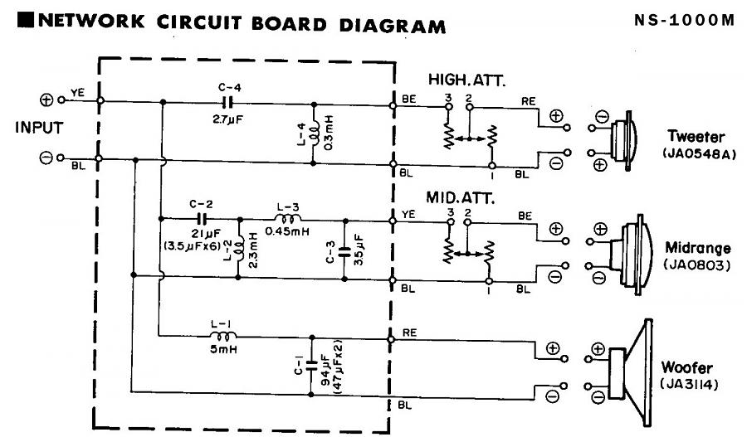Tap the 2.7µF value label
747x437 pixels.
[x=227, y=119]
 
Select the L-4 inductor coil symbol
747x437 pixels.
[x=314, y=134]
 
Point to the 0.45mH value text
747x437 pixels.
[x=287, y=232]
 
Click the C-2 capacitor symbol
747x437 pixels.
[x=202, y=219]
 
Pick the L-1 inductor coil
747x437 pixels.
[x=222, y=337]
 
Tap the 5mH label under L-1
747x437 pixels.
[x=223, y=349]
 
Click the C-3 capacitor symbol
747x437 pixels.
[x=344, y=251]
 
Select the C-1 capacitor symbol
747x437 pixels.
[x=311, y=366]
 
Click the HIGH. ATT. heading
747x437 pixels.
[x=466, y=80]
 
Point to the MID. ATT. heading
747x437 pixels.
[x=460, y=197]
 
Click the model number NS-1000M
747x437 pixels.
[x=684, y=20]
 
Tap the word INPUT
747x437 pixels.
[x=39, y=128]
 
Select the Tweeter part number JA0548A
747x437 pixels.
[x=699, y=153]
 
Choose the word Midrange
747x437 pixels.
[x=697, y=248]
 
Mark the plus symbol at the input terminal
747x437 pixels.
[x=46, y=100]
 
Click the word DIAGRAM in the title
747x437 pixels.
[x=392, y=25]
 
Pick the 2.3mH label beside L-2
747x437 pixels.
[x=253, y=250]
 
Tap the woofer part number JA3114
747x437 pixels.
[x=688, y=384]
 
